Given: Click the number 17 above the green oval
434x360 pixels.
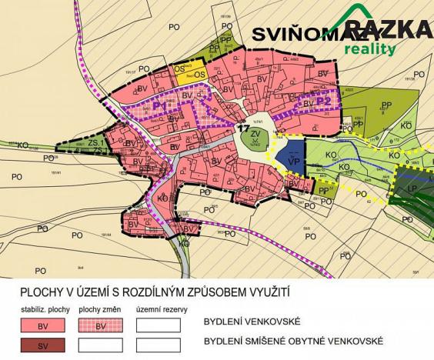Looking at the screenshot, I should (243, 124).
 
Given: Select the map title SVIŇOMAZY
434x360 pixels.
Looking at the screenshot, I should (311, 35).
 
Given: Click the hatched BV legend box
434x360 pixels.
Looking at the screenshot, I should (100, 325).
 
